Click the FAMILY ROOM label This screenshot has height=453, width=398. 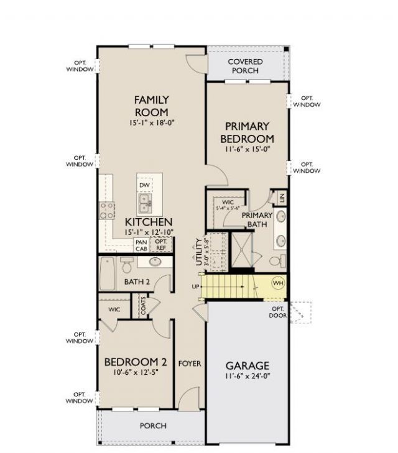click(152, 106)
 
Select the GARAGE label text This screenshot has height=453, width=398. click(247, 365)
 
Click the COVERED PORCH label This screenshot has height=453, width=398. click(245, 66)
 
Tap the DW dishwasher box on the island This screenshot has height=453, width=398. click(144, 185)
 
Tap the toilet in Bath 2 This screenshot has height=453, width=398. click(126, 266)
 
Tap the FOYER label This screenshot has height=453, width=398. click(190, 363)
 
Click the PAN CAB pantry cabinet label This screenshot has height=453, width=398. click(141, 245)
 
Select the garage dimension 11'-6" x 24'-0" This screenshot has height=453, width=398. click(247, 377)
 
